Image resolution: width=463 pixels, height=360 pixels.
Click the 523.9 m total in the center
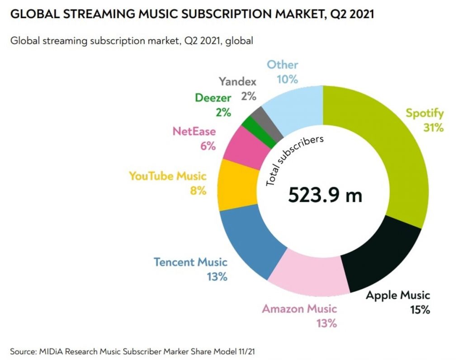[x=325, y=195]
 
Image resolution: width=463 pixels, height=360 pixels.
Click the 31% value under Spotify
[x=433, y=128]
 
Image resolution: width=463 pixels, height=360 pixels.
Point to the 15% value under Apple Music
[x=420, y=310]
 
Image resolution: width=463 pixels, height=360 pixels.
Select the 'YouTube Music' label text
[x=167, y=176]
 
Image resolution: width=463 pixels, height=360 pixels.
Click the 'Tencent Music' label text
[x=190, y=262]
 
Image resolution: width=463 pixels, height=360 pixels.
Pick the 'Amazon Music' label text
[x=299, y=309]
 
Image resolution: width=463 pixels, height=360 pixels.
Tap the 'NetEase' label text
[x=194, y=131]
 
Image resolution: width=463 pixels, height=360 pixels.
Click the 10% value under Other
[x=287, y=79]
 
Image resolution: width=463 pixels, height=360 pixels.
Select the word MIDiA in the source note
[x=51, y=351]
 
